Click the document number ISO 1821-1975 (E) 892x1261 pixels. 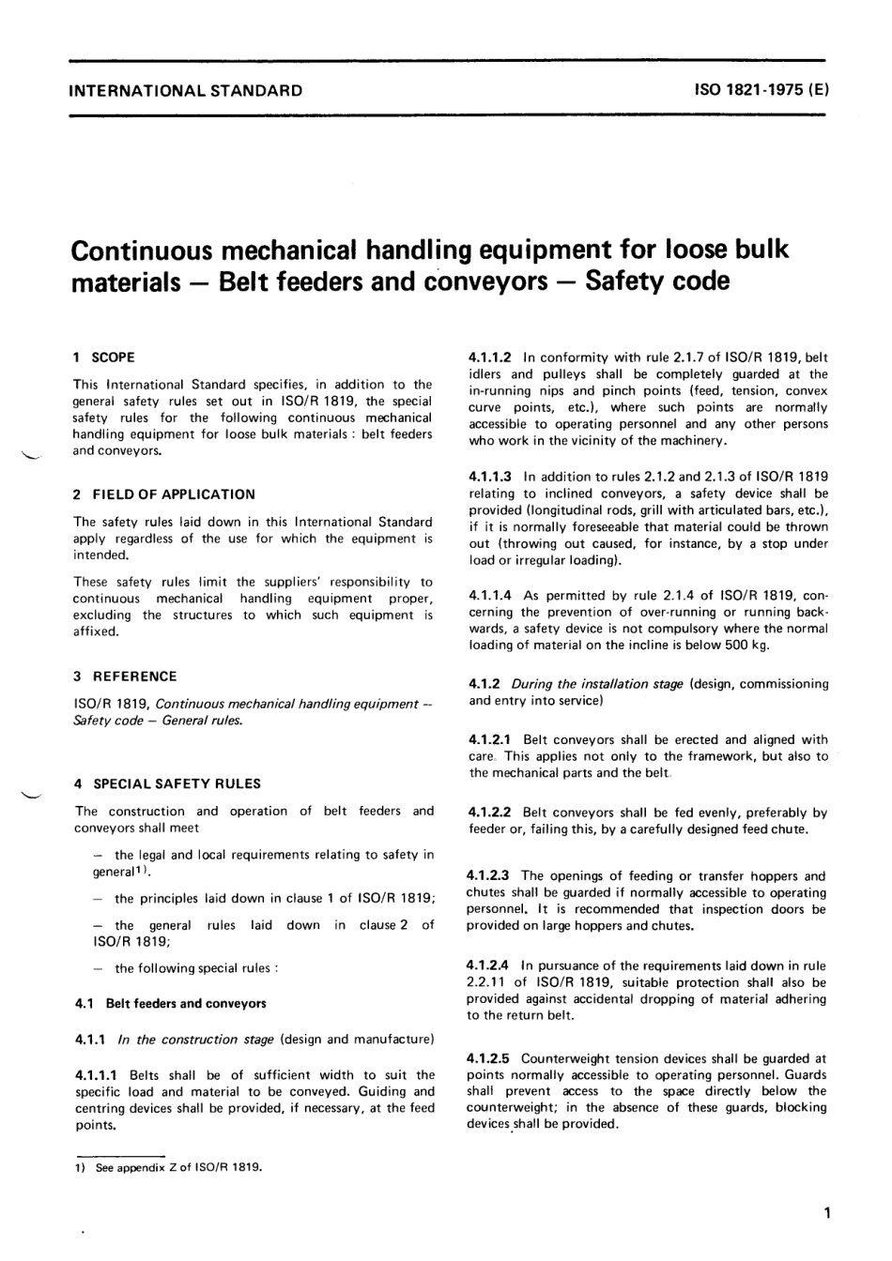(761, 91)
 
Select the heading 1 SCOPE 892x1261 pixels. (104, 357)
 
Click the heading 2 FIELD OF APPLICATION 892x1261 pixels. (164, 494)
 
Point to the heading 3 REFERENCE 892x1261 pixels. (125, 676)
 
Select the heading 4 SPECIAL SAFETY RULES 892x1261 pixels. (168, 784)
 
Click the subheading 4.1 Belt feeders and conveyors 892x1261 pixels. (170, 1003)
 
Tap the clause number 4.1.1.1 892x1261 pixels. (98, 1075)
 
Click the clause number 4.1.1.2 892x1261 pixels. (490, 357)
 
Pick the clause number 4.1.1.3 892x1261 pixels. (490, 477)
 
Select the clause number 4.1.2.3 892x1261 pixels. (489, 876)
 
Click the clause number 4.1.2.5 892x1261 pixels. (489, 1059)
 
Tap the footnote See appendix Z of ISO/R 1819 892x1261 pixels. (178, 1168)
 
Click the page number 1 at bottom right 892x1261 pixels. (825, 1214)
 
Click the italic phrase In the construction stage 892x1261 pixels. (195, 1040)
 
